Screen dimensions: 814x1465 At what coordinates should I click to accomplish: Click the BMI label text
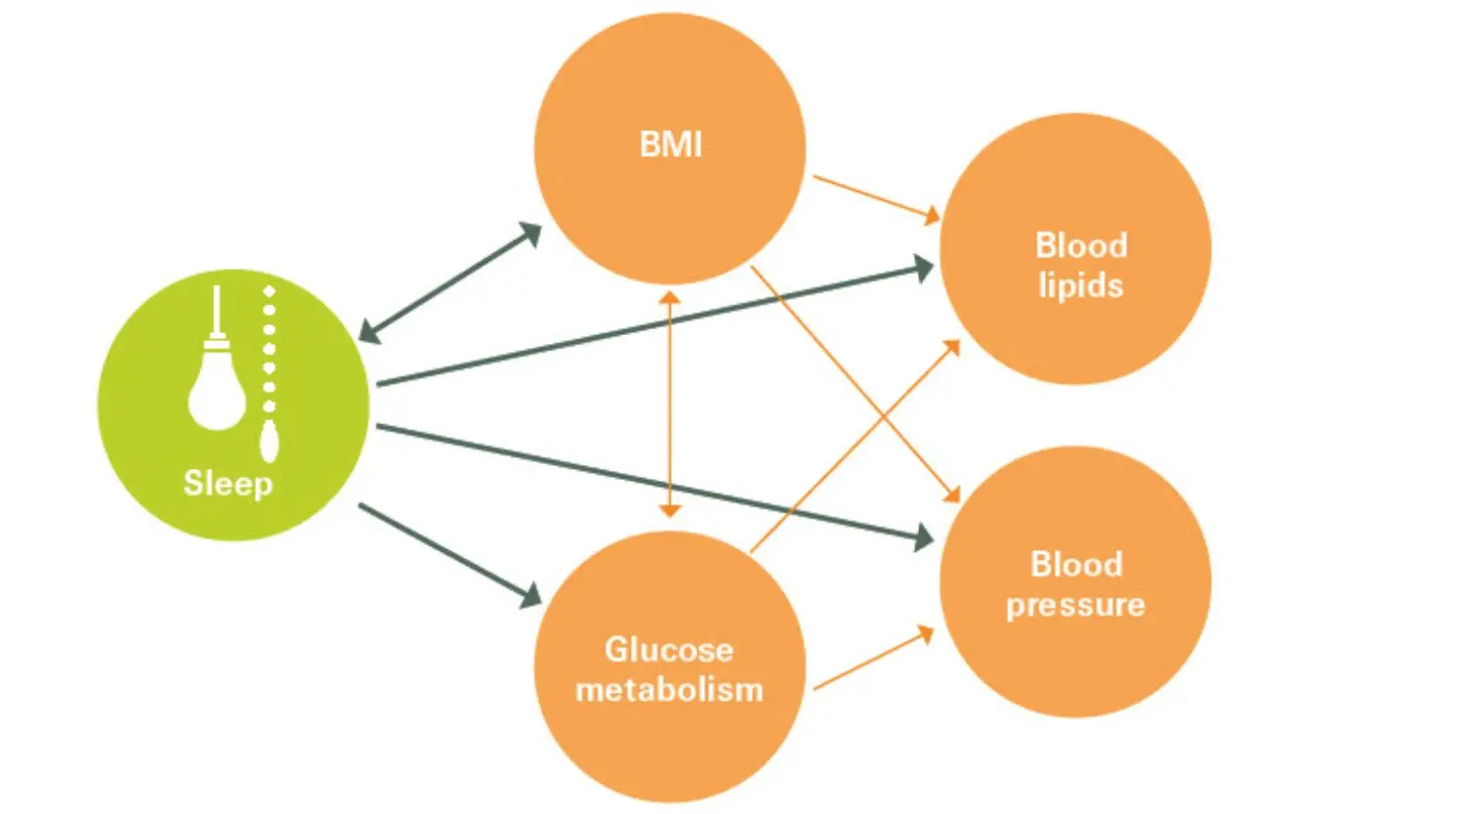670,145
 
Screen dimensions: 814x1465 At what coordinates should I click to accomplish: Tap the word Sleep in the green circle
228,483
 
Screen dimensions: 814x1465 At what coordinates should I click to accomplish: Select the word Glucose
668,649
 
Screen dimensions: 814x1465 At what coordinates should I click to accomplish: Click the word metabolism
669,690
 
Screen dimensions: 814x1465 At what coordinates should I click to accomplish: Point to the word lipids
1080,286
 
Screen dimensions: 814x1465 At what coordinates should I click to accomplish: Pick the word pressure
1075,605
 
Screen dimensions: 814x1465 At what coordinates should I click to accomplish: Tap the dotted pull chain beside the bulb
269,371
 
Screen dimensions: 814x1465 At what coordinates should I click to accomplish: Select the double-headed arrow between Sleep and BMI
450,283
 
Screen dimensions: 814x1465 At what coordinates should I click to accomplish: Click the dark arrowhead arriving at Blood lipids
923,267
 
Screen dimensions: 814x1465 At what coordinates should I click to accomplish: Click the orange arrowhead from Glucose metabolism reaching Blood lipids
952,348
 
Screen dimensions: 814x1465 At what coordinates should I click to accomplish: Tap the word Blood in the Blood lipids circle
1081,245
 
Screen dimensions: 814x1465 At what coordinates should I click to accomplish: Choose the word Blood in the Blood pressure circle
1076,565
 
